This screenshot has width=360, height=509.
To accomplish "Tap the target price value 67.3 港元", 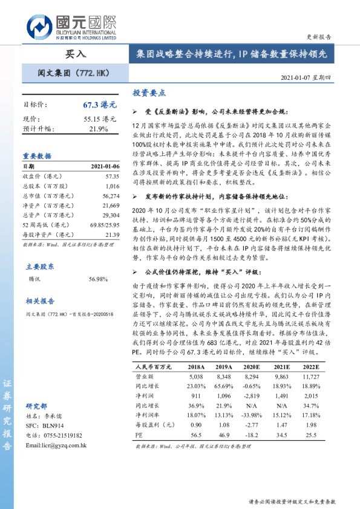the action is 99,105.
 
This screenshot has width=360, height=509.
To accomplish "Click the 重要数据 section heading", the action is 37,155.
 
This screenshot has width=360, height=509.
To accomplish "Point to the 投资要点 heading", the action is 149,93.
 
